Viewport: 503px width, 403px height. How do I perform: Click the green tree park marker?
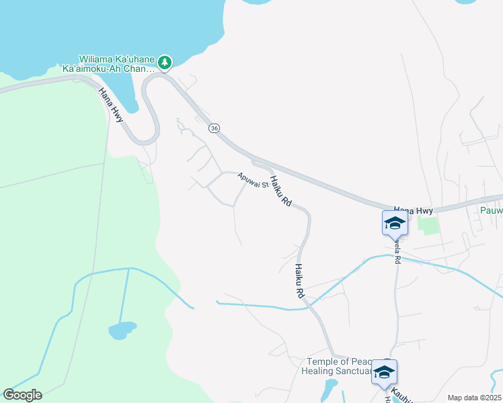coord(165,63)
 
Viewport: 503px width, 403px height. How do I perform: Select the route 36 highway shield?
coord(214,128)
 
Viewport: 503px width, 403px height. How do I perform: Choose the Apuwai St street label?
coord(252,180)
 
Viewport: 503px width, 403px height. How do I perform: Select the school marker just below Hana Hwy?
coord(395,224)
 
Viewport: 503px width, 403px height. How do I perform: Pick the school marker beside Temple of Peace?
coord(385,372)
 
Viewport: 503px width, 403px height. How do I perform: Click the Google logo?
coord(22,394)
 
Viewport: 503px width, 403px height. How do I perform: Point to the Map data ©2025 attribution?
coord(473,398)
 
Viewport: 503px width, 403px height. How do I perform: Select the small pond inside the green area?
coord(121,330)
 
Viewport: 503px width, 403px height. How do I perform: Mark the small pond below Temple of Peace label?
coord(330,388)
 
